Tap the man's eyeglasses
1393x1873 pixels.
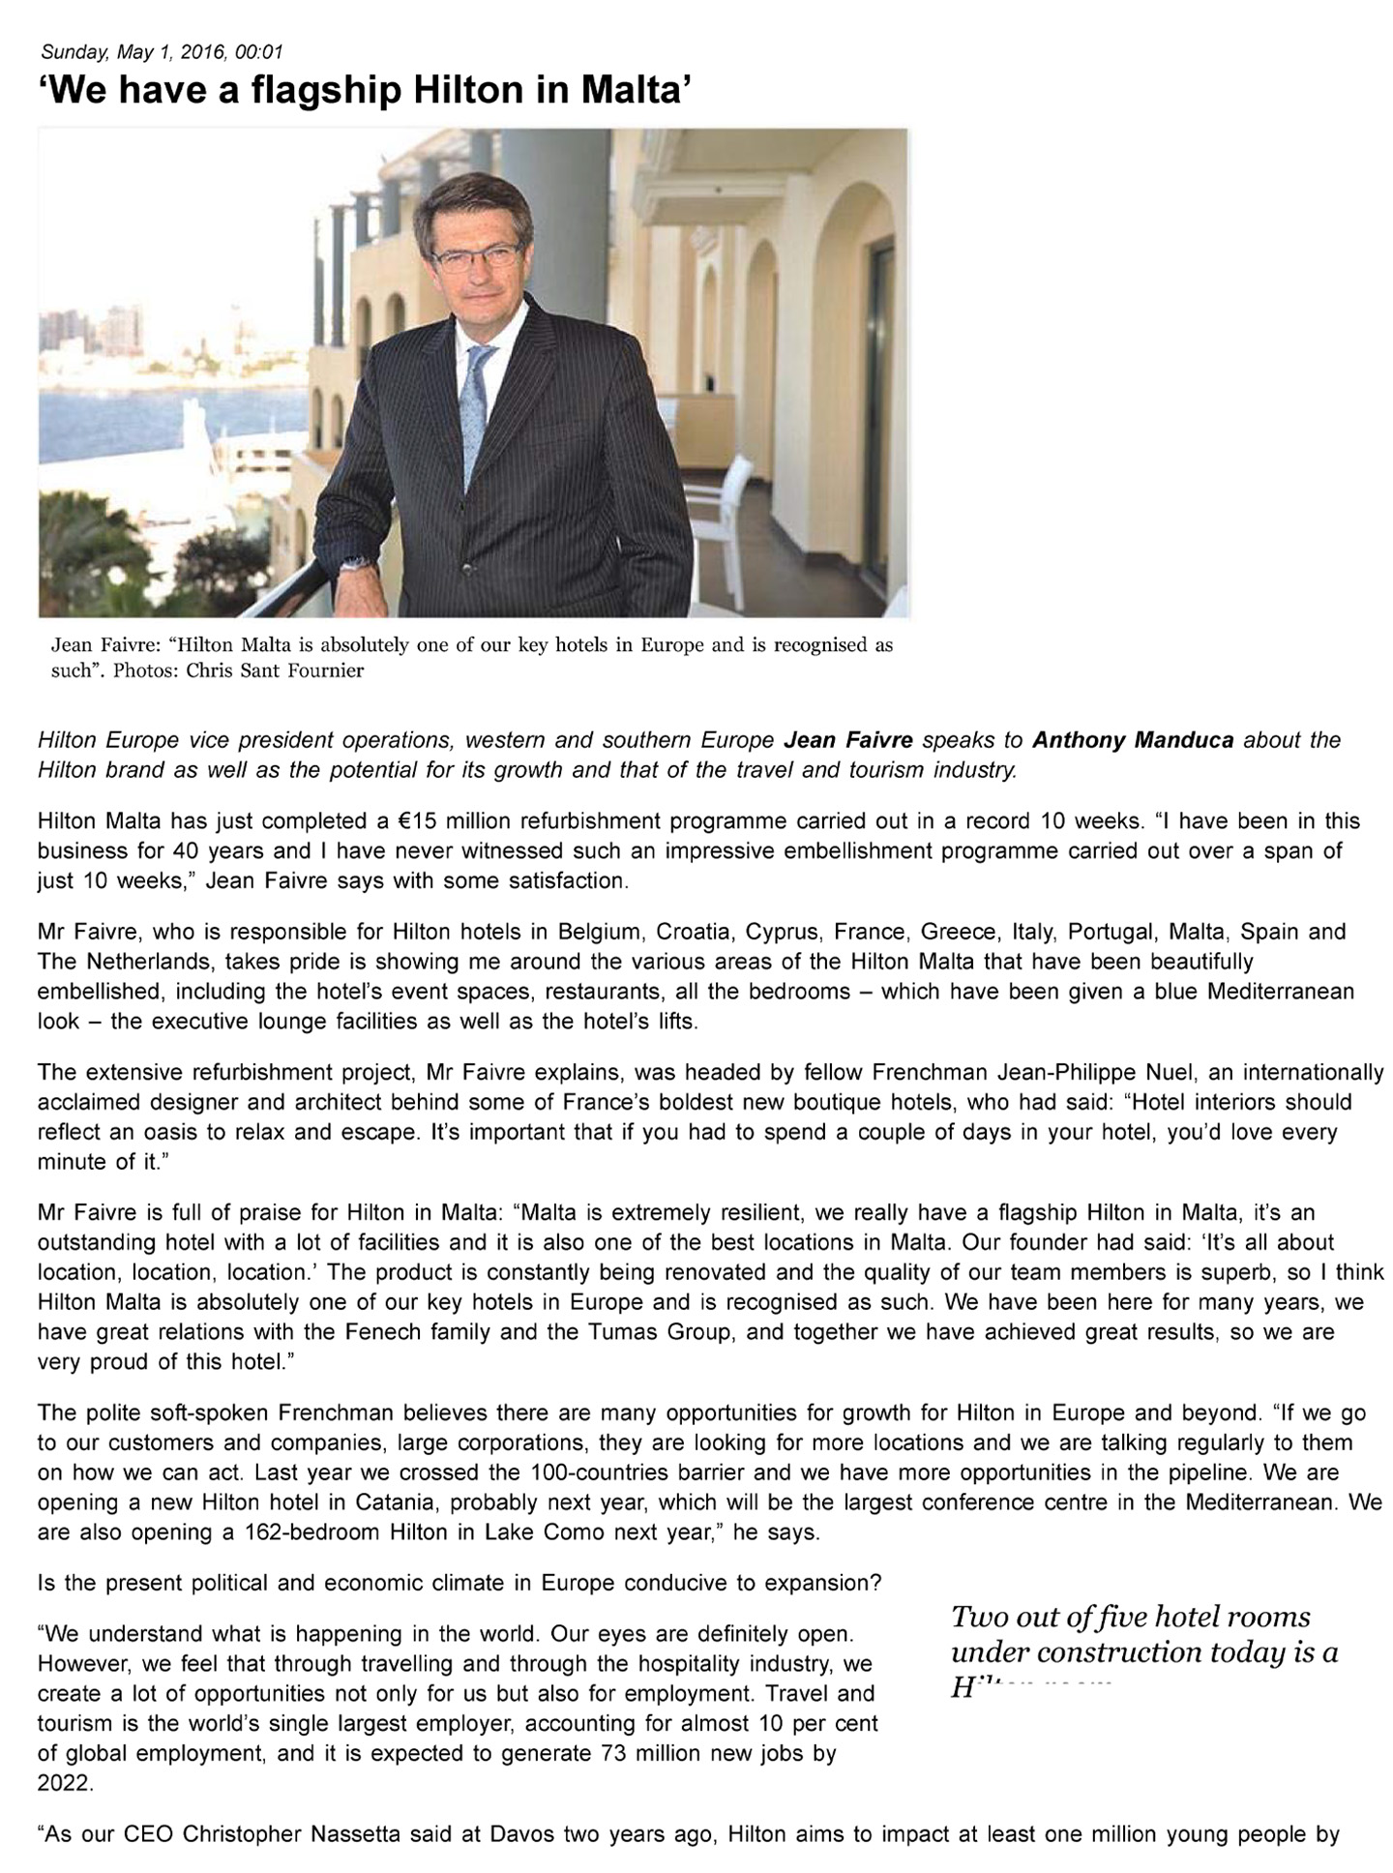[x=475, y=258]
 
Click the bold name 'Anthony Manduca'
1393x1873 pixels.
[x=1133, y=741]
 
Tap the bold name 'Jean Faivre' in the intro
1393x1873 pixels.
[x=847, y=741]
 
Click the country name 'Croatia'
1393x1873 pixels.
[x=691, y=932]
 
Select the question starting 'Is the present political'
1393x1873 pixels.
[x=459, y=1584]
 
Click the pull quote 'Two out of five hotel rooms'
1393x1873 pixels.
[x=1131, y=1617]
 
